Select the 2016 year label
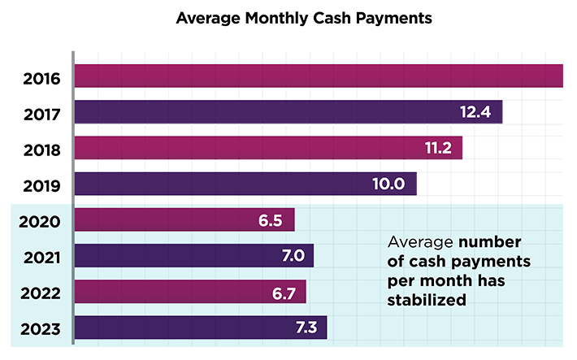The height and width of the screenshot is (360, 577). click(x=41, y=80)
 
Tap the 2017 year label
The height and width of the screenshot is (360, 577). click(x=41, y=115)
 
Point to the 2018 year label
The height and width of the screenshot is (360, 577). click(x=41, y=150)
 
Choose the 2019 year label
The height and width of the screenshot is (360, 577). click(x=41, y=186)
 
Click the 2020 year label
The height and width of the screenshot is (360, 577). click(x=41, y=222)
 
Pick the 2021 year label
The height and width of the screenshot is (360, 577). click(x=41, y=258)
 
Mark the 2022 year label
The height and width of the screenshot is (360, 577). click(x=41, y=293)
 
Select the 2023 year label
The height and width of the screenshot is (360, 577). click(x=41, y=329)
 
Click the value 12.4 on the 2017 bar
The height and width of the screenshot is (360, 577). click(x=475, y=112)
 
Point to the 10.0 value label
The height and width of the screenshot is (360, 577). click(x=388, y=184)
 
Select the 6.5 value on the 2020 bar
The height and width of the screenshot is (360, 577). click(x=269, y=220)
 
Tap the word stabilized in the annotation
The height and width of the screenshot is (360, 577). click(x=427, y=299)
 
